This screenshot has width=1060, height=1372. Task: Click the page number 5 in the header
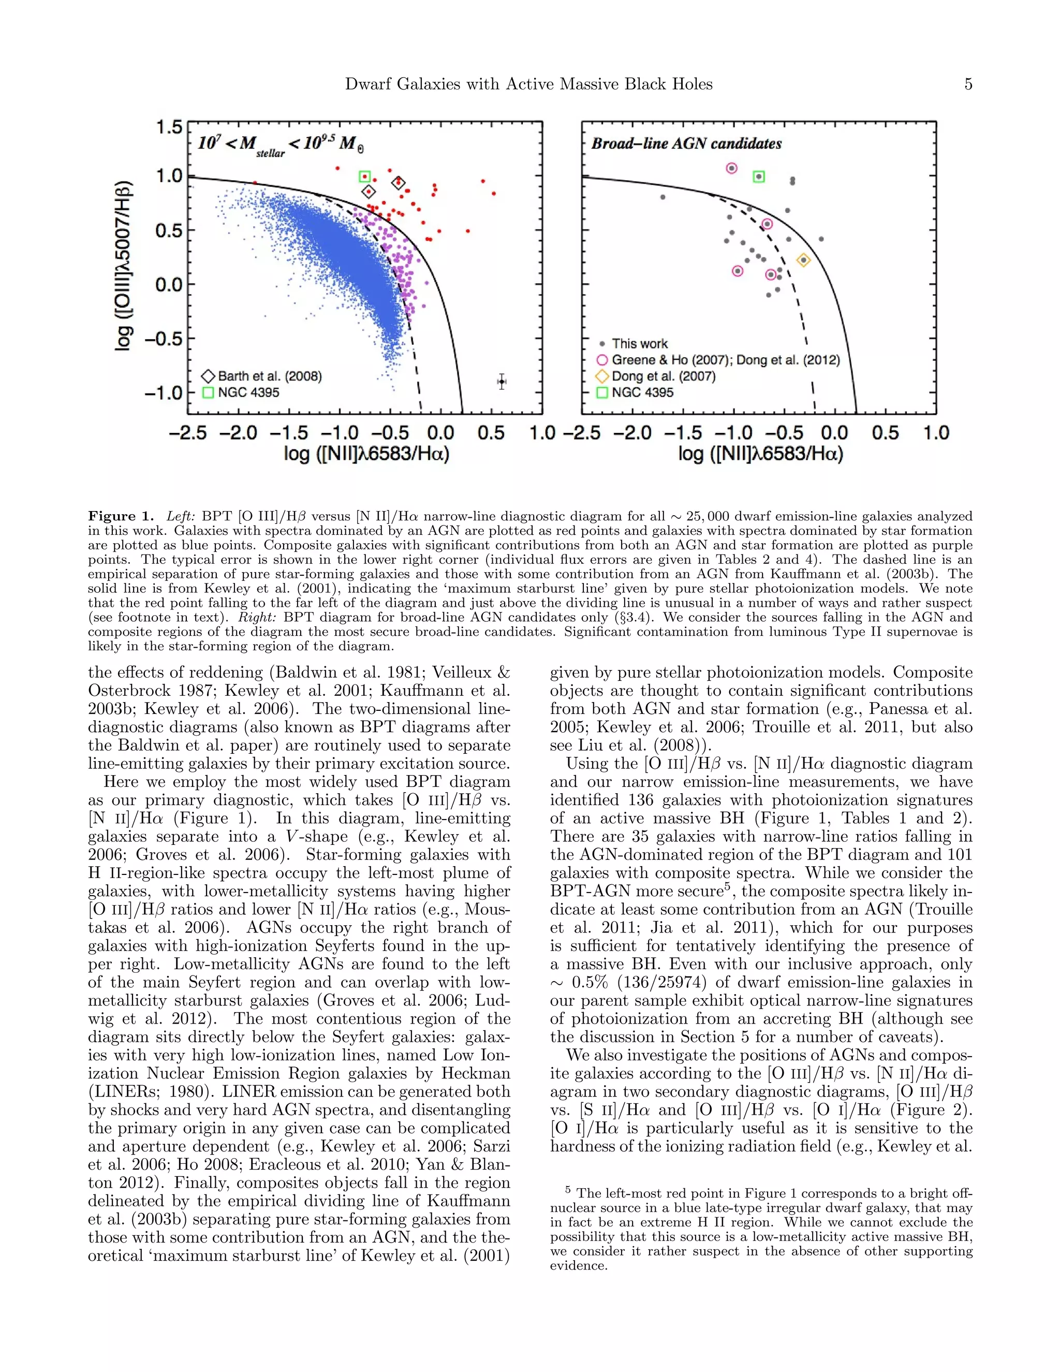[x=968, y=84]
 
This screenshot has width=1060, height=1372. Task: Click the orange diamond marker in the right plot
[x=803, y=260]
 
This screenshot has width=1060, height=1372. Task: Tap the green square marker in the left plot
[x=364, y=177]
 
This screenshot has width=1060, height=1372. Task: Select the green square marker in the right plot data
[x=759, y=177]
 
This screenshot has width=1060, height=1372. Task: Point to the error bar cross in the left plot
[x=501, y=382]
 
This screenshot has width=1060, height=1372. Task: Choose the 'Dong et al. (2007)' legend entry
[x=663, y=376]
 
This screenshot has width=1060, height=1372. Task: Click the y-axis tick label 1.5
[x=169, y=127]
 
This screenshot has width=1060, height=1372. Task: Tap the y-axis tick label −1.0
[x=163, y=393]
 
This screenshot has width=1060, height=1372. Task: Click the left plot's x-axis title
[x=366, y=454]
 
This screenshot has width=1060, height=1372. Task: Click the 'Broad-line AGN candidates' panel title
[x=686, y=144]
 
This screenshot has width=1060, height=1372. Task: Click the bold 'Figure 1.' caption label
[x=121, y=516]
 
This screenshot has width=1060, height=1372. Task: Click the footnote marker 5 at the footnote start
[x=568, y=1189]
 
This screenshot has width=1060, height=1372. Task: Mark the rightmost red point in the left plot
[x=494, y=194]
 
